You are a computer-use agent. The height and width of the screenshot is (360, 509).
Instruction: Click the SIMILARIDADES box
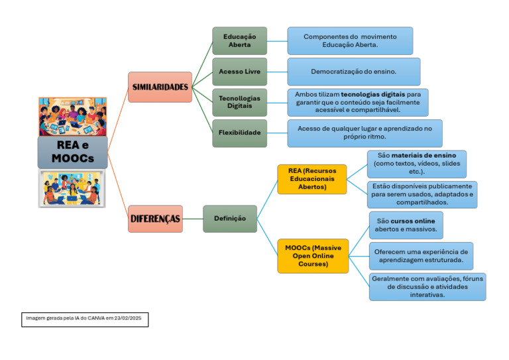[x=160, y=87]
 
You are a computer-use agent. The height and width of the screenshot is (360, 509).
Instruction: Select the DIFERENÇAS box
[x=154, y=219]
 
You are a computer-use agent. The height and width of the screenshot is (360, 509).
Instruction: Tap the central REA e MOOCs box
[x=72, y=152]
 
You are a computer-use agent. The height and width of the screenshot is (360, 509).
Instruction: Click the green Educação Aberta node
[x=239, y=40]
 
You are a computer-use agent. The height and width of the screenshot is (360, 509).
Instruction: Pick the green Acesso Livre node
[x=239, y=71]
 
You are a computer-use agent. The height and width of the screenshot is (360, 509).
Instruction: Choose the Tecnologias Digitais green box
[x=239, y=102]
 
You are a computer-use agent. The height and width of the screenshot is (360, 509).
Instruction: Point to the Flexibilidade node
[x=239, y=133]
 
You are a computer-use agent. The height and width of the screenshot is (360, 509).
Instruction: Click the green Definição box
[x=229, y=219]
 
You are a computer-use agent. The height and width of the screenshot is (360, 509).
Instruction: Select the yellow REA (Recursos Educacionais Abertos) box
[x=311, y=179]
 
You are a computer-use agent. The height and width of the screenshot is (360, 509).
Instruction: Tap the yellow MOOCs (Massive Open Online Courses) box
[x=312, y=256]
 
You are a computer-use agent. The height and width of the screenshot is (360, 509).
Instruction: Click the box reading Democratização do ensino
[x=353, y=71]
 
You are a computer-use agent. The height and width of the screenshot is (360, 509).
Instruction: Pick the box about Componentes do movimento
[x=349, y=40]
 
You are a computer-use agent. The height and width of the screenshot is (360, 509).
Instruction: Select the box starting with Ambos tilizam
[x=357, y=103]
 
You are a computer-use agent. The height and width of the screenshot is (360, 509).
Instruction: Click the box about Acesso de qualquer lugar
[x=365, y=133]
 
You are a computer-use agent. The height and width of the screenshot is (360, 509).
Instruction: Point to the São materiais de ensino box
[x=416, y=163]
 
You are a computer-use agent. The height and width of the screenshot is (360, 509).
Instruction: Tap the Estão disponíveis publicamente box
[x=422, y=194]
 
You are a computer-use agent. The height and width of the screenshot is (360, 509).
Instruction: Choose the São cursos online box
[x=406, y=225]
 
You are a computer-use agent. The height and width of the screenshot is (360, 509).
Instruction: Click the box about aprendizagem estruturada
[x=421, y=256]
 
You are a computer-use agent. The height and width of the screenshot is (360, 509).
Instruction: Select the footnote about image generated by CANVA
[x=84, y=319]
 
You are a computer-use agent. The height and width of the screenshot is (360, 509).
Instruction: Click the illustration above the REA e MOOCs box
[x=72, y=116]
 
